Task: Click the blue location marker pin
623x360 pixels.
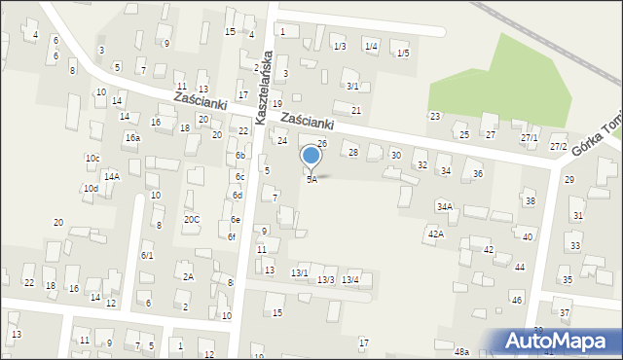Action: pyautogui.click(x=311, y=156)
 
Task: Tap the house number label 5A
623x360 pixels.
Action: pyautogui.click(x=311, y=180)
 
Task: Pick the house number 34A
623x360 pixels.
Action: pyautogui.click(x=445, y=206)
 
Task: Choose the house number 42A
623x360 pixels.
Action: pyautogui.click(x=435, y=234)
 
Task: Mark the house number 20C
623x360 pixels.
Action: pyautogui.click(x=192, y=219)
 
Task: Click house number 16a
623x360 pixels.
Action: pyautogui.click(x=132, y=138)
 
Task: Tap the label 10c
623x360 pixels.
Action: pyautogui.click(x=92, y=158)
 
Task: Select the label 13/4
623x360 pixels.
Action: pyautogui.click(x=350, y=280)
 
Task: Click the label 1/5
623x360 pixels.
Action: pyautogui.click(x=403, y=54)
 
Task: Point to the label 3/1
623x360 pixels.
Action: pyautogui.click(x=352, y=86)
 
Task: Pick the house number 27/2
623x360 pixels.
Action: pyautogui.click(x=558, y=146)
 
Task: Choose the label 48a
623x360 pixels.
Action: pyautogui.click(x=461, y=351)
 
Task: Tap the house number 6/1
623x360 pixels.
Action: pyautogui.click(x=147, y=256)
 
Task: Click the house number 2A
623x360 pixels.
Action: pyautogui.click(x=189, y=277)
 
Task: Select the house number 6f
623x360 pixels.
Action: pyautogui.click(x=232, y=236)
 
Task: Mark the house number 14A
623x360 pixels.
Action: pyautogui.click(x=112, y=176)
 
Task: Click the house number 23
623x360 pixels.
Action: pyautogui.click(x=435, y=117)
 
